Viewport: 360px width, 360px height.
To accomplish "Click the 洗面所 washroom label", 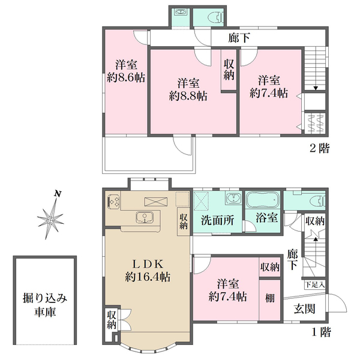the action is click(x=217, y=220).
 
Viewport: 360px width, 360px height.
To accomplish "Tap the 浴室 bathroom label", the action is click(x=267, y=217).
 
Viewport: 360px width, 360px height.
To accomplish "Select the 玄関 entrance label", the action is click(x=305, y=309).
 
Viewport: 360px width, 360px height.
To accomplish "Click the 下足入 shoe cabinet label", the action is click(x=315, y=285).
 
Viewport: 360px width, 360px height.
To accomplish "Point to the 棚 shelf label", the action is click(x=269, y=298).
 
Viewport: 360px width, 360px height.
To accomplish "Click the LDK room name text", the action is click(x=148, y=264).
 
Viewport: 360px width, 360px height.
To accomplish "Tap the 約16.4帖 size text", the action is click(x=148, y=277).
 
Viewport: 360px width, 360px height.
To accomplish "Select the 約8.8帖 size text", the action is click(x=188, y=96).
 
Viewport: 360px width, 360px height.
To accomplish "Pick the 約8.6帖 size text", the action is click(x=126, y=78).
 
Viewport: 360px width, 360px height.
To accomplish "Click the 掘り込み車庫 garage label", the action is click(x=45, y=305).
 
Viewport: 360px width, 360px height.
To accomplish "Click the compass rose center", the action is click(x=50, y=220).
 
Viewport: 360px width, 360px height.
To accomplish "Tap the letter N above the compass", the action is click(x=58, y=194).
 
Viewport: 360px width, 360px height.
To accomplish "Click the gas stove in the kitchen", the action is click(x=113, y=202).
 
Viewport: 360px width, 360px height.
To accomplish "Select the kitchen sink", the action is click(x=145, y=217).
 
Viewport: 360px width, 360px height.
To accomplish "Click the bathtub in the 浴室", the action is click(x=262, y=200).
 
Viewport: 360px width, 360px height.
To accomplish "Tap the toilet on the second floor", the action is click(x=215, y=18).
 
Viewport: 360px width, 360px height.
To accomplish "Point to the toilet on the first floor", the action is click(x=317, y=202).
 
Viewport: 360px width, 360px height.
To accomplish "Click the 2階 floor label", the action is click(x=320, y=148).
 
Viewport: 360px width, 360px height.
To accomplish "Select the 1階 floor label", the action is click(x=322, y=332).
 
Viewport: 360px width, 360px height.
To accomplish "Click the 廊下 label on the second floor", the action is click(x=239, y=38).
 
